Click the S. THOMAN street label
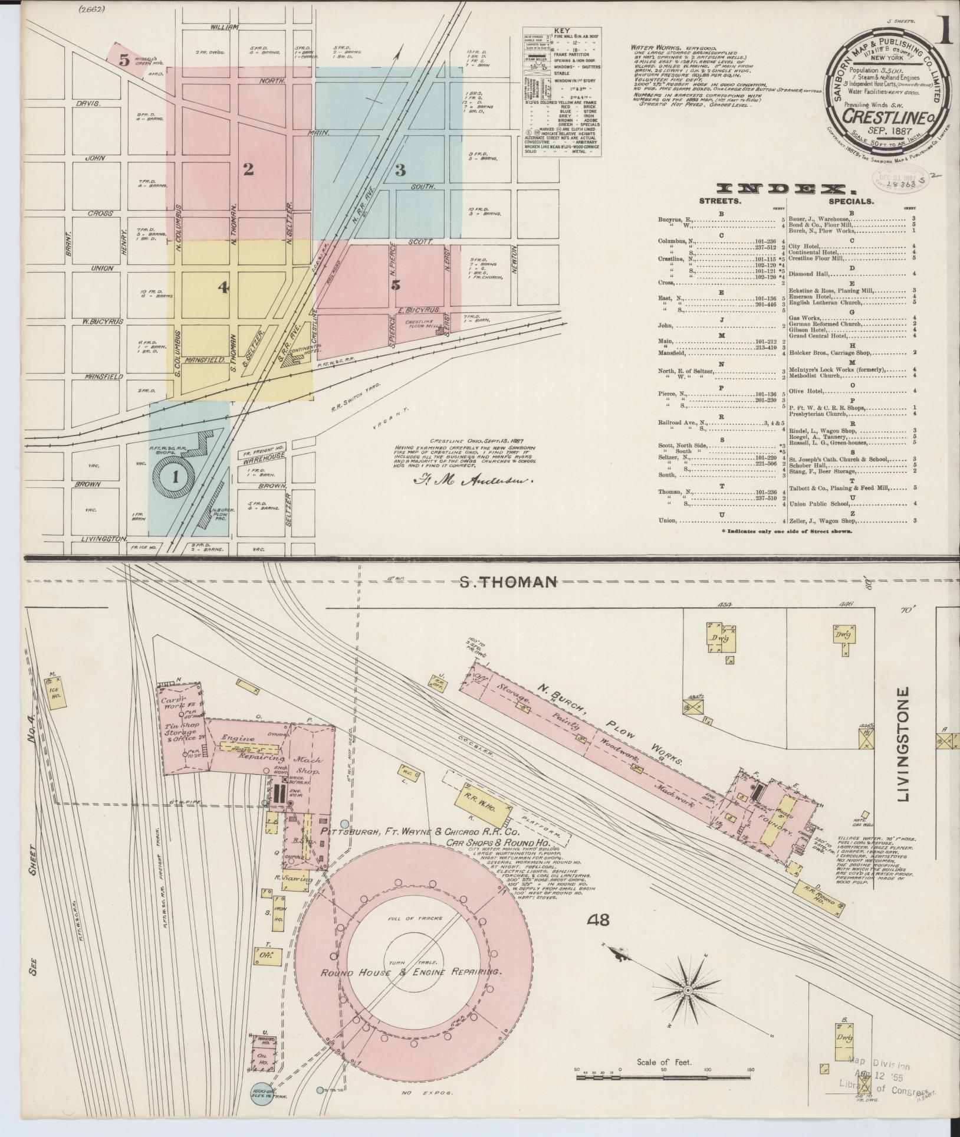[x=508, y=582]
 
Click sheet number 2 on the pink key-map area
[x=248, y=170]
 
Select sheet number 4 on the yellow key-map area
[x=223, y=288]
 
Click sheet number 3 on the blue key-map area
[x=400, y=171]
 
